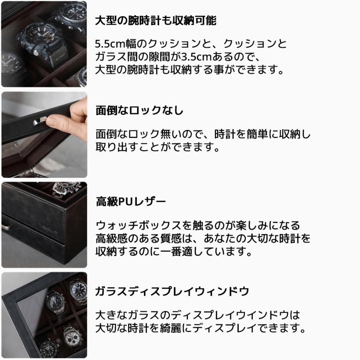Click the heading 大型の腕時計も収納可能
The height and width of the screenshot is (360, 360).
(x=156, y=21)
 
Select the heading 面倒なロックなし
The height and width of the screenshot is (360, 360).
(x=140, y=111)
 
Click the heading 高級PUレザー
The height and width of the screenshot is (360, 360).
(x=130, y=202)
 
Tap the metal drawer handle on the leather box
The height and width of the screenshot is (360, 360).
(x=6, y=226)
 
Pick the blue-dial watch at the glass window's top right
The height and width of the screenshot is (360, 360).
(x=78, y=289)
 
